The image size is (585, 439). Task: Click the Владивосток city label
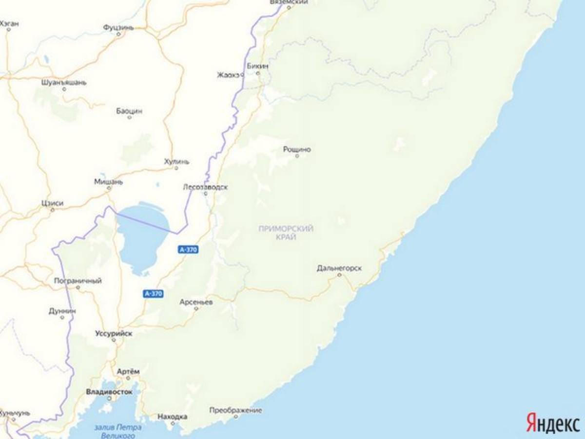109,392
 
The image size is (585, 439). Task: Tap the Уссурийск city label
113,334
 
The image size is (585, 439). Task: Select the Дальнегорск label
339,268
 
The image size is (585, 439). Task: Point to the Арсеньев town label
196,302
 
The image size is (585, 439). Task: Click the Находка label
173,417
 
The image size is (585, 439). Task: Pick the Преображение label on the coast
235,411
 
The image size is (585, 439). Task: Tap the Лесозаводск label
205,187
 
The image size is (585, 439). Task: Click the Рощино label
297,149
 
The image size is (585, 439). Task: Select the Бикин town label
258,66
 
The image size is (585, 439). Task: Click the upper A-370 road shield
188,250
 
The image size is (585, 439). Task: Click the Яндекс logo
552,422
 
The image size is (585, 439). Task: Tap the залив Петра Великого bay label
118,431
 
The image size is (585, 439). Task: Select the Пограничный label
78,281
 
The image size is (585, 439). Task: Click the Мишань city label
108,181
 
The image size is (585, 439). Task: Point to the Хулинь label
176,161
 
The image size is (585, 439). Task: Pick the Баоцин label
129,111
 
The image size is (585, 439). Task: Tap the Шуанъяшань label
64,82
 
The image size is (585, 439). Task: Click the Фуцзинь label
118,28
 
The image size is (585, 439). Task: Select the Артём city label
128,372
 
